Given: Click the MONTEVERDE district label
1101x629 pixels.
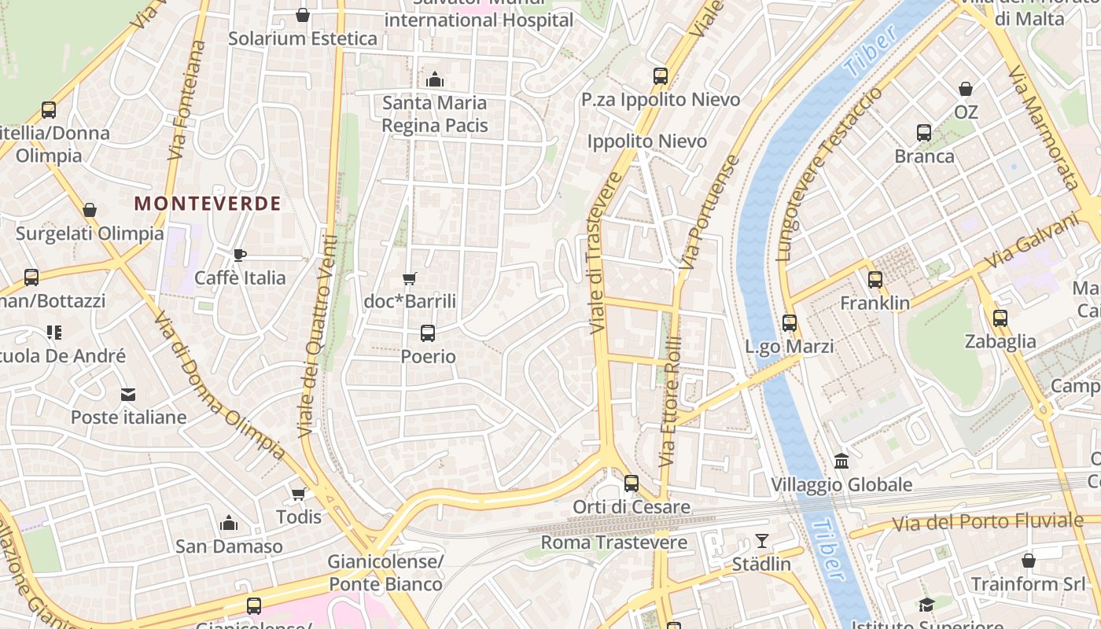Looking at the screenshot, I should pos(208,204).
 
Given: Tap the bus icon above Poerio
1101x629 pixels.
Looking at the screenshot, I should pos(428,333).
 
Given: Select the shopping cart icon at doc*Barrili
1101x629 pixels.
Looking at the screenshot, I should pos(409,279).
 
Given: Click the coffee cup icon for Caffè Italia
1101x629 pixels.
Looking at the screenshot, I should pos(240,255).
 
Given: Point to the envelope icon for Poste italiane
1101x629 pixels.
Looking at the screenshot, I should pos(127,394).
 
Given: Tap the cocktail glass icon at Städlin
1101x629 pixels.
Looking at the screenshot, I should pos(761,540).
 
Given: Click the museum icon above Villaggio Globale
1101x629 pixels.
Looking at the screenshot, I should pos(841,461).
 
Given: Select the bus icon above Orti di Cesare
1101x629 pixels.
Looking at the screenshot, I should pos(632,484).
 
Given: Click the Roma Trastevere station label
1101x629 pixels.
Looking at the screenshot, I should pos(613,543).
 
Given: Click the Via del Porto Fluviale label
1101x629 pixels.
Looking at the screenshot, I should pos(988,521).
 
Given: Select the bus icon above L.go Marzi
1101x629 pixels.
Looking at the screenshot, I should pos(790,323).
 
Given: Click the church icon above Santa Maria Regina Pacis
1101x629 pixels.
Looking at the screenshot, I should pos(434,79).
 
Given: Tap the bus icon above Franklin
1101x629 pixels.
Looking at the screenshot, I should pos(875,280).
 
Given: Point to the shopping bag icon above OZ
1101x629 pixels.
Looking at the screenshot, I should pos(965,90).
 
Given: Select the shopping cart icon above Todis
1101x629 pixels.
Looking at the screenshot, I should pos(298,494).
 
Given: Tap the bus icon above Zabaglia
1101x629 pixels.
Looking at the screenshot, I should pos(1000,318).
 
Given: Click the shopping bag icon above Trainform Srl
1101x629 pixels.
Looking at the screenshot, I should pos(1028,561).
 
